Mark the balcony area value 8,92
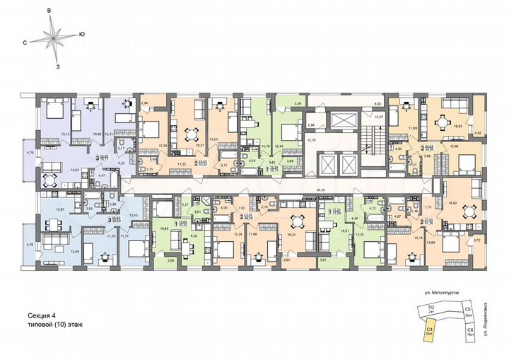click(377, 104)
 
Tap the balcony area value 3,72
click(476, 241)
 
